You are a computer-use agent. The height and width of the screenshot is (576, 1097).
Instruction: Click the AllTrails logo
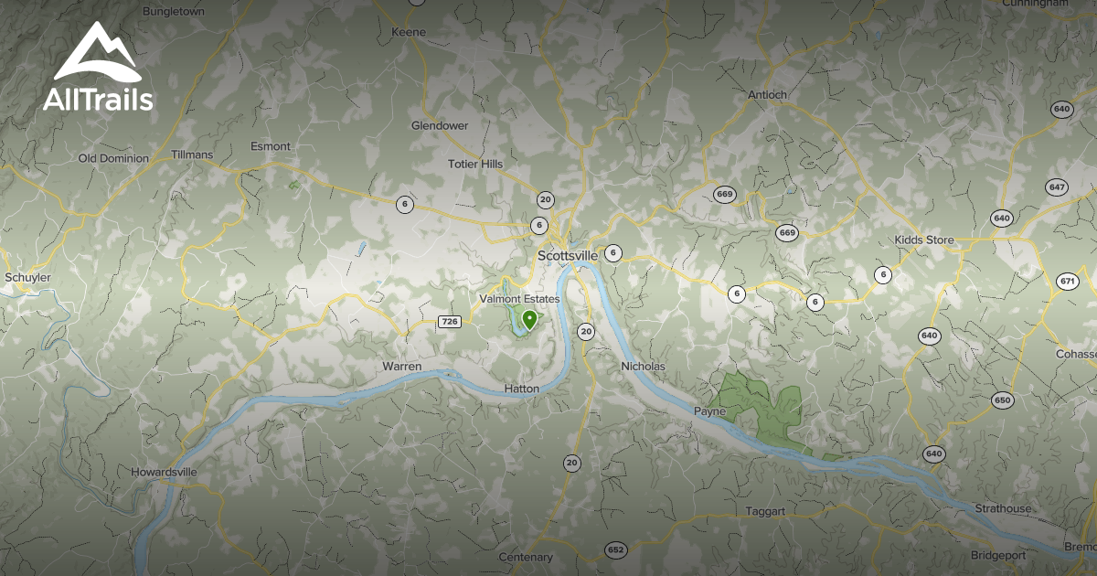[x=98, y=68]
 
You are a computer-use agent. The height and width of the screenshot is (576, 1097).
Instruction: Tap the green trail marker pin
[x=529, y=319]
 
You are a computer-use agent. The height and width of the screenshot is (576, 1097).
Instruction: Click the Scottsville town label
[x=568, y=255]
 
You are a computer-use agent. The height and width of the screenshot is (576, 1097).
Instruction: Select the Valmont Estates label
[x=519, y=299]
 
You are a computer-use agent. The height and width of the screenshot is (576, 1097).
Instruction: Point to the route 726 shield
[x=449, y=321]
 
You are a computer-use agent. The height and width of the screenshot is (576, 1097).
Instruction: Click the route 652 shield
[x=615, y=549]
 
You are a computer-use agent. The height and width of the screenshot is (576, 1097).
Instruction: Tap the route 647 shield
[x=1057, y=187]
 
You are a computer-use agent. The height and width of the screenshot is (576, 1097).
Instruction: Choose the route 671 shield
[x=1068, y=281]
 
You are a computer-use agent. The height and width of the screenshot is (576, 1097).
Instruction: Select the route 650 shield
[x=1002, y=400]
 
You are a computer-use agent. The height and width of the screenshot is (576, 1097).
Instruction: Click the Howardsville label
[x=164, y=473]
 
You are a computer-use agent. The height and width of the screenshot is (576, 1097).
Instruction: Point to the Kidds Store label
[x=924, y=240]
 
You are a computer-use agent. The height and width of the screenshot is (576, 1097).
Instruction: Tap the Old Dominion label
[x=113, y=158]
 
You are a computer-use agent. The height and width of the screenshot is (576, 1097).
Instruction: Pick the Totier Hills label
[x=475, y=164]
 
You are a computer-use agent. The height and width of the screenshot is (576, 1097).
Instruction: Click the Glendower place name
[x=440, y=125]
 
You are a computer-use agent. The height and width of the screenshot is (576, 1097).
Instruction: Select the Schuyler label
[x=27, y=277]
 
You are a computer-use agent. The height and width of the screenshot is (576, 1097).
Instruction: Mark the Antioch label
[x=767, y=94]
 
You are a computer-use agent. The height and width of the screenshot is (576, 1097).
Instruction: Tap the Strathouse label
[x=1003, y=508]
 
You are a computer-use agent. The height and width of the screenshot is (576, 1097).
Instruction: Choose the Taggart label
[x=765, y=511]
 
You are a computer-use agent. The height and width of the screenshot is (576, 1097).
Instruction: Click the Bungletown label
[x=174, y=12]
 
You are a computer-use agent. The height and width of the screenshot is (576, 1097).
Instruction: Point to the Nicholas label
[x=643, y=367]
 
